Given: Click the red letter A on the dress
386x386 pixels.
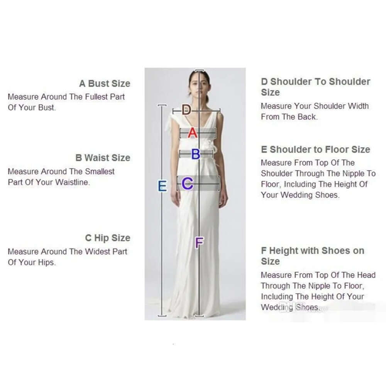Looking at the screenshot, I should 193,133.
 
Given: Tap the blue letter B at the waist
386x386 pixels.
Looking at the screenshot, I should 196,154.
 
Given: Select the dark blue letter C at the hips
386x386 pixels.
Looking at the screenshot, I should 188,183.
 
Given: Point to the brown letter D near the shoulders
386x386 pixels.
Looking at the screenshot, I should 186,110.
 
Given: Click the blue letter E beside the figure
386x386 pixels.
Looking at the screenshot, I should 163,186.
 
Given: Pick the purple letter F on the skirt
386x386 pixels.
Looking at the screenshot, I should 199,243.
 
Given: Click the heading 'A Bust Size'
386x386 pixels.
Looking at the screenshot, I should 105,83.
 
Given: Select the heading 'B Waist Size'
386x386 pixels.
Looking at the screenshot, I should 103,158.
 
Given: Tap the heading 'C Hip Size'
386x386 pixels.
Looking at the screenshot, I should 108,238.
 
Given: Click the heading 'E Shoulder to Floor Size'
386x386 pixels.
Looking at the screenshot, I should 315,149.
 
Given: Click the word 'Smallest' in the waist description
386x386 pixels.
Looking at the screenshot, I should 100,171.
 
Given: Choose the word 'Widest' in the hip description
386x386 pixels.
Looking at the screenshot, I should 98,252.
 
